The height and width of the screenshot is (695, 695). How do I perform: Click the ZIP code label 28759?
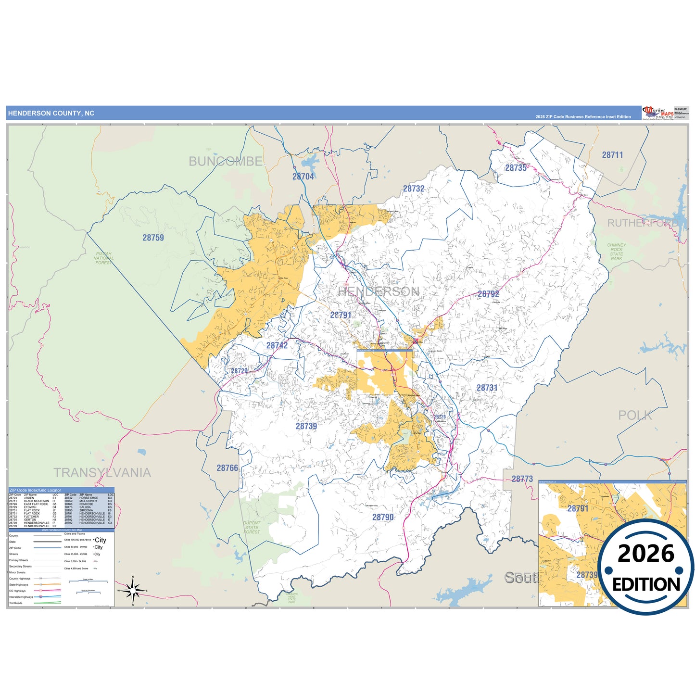[153, 238]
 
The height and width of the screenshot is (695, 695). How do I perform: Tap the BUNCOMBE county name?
[225, 162]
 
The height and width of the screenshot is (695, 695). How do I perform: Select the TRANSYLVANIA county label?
[102, 473]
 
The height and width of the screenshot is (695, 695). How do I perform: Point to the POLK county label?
[635, 416]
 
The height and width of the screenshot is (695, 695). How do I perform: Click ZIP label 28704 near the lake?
[303, 177]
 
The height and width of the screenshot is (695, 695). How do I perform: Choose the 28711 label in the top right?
[612, 155]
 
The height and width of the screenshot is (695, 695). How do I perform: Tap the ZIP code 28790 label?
[383, 517]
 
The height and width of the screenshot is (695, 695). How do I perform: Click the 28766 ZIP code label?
[227, 468]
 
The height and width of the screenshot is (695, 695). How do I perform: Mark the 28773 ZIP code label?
[522, 479]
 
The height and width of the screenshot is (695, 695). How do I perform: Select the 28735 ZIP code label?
[516, 168]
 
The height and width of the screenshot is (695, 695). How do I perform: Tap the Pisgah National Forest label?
[103, 258]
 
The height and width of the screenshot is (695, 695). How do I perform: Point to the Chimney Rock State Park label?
[616, 252]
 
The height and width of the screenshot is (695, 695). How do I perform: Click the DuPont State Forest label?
[252, 527]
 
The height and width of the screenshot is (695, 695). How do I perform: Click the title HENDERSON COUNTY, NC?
[51, 114]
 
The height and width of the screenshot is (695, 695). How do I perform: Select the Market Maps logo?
[658, 113]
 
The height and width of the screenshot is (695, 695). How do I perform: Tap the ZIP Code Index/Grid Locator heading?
[35, 490]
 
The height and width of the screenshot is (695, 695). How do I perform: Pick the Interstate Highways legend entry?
[21, 597]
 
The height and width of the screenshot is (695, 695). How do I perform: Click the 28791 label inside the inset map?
[578, 508]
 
